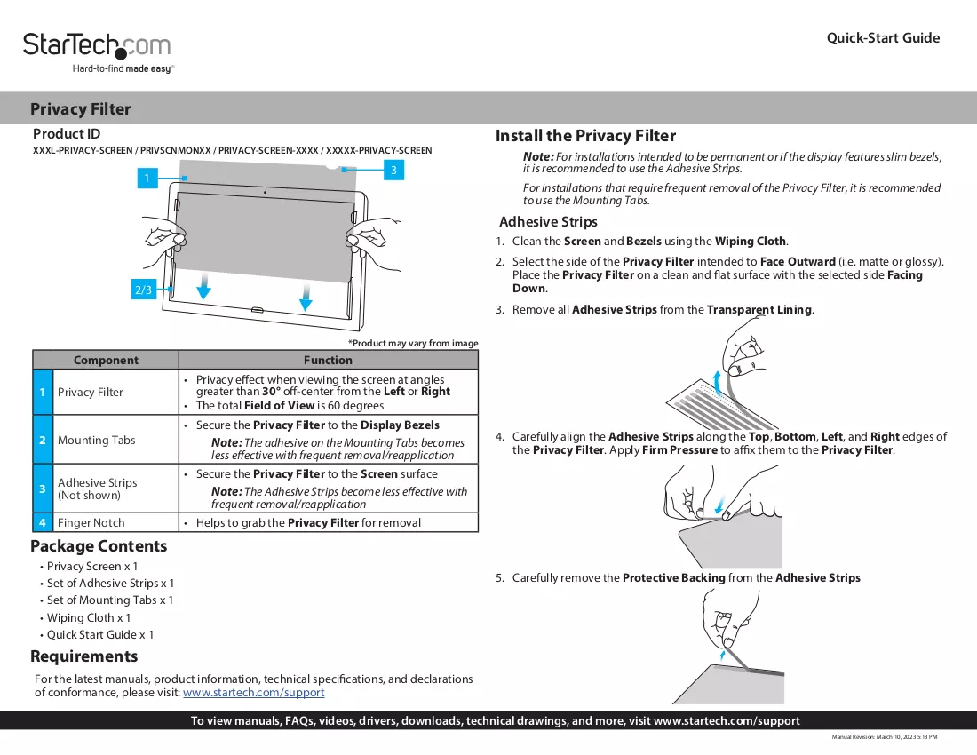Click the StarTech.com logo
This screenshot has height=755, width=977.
tap(97, 52)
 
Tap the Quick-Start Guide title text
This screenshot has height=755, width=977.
tap(883, 38)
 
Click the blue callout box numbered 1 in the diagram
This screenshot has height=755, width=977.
tap(147, 179)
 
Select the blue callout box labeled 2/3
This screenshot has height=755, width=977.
tap(143, 290)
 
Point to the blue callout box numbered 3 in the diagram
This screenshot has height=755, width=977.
tap(393, 170)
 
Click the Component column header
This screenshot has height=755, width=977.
tap(106, 360)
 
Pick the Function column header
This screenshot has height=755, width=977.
tap(328, 360)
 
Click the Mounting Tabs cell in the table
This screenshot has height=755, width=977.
tap(97, 440)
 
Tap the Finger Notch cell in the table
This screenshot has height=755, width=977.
tap(91, 522)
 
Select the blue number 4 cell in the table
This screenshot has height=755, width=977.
tap(43, 522)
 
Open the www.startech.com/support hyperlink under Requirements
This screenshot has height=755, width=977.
tap(254, 692)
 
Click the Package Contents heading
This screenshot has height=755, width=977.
tap(99, 546)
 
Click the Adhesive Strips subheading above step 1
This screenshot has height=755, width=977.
tap(548, 222)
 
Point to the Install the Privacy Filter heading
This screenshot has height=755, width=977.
tap(585, 136)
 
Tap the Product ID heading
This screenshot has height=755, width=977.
tap(67, 134)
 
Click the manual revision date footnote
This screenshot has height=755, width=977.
tap(884, 737)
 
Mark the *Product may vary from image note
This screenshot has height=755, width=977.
tap(413, 343)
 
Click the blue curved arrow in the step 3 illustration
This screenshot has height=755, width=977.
tap(718, 384)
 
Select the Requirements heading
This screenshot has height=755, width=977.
tap(84, 656)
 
